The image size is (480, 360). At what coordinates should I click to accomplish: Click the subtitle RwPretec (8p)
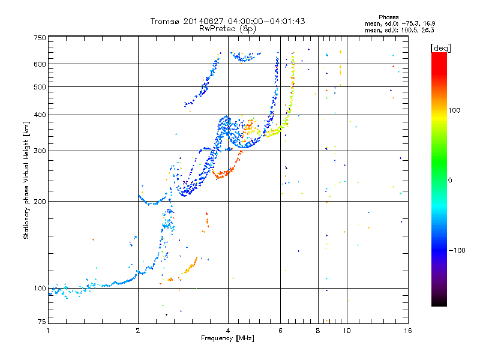pyautogui.click(x=227, y=29)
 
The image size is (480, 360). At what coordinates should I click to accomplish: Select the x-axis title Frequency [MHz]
pyautogui.click(x=227, y=338)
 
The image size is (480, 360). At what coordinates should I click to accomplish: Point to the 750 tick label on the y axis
pyautogui.click(x=40, y=38)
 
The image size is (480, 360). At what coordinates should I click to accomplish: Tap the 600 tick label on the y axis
pyautogui.click(x=40, y=64)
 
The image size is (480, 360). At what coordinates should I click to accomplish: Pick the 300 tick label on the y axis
pyautogui.click(x=40, y=151)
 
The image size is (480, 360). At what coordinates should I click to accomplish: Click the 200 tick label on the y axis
pyautogui.click(x=40, y=201)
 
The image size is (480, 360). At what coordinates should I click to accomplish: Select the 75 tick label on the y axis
pyautogui.click(x=41, y=322)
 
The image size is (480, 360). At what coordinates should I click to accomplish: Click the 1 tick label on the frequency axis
pyautogui.click(x=48, y=331)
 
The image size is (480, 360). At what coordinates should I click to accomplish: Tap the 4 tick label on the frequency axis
pyautogui.click(x=228, y=331)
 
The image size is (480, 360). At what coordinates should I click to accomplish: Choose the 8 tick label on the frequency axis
pyautogui.click(x=318, y=331)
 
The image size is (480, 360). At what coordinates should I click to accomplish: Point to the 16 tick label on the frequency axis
pyautogui.click(x=408, y=331)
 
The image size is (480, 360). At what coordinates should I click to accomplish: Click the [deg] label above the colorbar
pyautogui.click(x=440, y=48)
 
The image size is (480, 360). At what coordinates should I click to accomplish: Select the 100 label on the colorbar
pyautogui.click(x=454, y=110)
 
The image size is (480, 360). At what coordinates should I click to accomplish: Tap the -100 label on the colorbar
pyautogui.click(x=457, y=250)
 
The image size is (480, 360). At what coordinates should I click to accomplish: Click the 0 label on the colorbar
pyautogui.click(x=450, y=181)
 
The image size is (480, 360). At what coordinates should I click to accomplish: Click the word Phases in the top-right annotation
pyautogui.click(x=388, y=17)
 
